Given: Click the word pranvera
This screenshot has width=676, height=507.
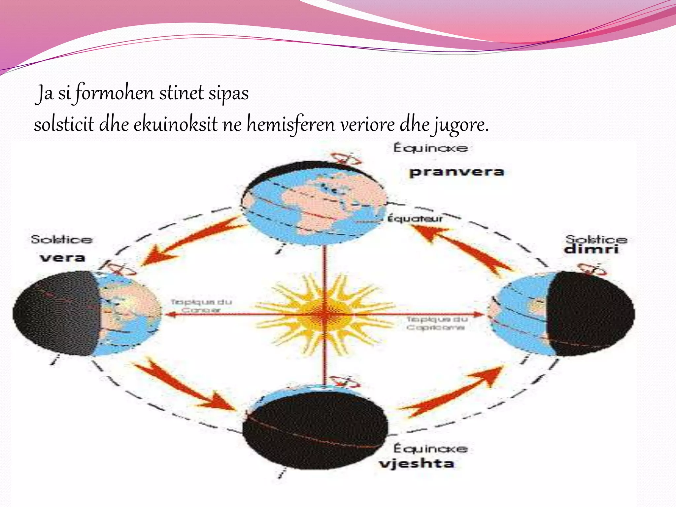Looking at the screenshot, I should (x=456, y=172).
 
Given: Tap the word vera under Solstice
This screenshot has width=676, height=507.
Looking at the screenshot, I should (x=62, y=257).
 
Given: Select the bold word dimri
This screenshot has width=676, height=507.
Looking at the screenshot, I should (x=591, y=249).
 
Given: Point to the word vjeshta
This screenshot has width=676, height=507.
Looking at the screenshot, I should (x=417, y=463).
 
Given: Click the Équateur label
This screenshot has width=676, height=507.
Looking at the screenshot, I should (x=415, y=219).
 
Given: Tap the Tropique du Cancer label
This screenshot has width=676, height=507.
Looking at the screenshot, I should (x=201, y=306).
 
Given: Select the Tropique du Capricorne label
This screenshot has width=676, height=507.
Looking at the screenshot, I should (x=436, y=323).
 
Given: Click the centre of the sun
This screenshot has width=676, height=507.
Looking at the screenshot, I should (x=325, y=314).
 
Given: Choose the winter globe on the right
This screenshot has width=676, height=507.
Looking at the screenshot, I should (x=562, y=314).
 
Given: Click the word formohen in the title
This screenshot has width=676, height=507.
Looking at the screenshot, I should (x=115, y=93).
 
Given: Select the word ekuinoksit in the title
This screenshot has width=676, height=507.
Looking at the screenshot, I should (x=176, y=125).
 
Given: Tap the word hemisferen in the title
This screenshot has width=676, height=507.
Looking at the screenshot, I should (x=291, y=125).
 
